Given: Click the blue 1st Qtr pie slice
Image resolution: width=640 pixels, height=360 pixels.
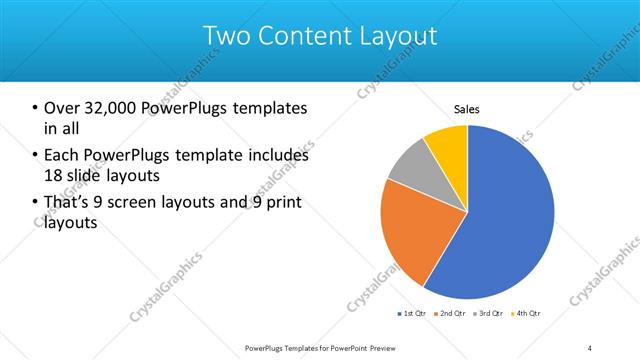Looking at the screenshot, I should click(x=510, y=220).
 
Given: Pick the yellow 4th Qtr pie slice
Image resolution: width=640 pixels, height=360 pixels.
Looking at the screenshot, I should click(x=447, y=145).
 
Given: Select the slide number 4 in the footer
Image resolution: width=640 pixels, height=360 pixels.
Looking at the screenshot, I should click(x=590, y=347).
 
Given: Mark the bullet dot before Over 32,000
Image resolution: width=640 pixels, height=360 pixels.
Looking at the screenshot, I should click(x=35, y=108).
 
